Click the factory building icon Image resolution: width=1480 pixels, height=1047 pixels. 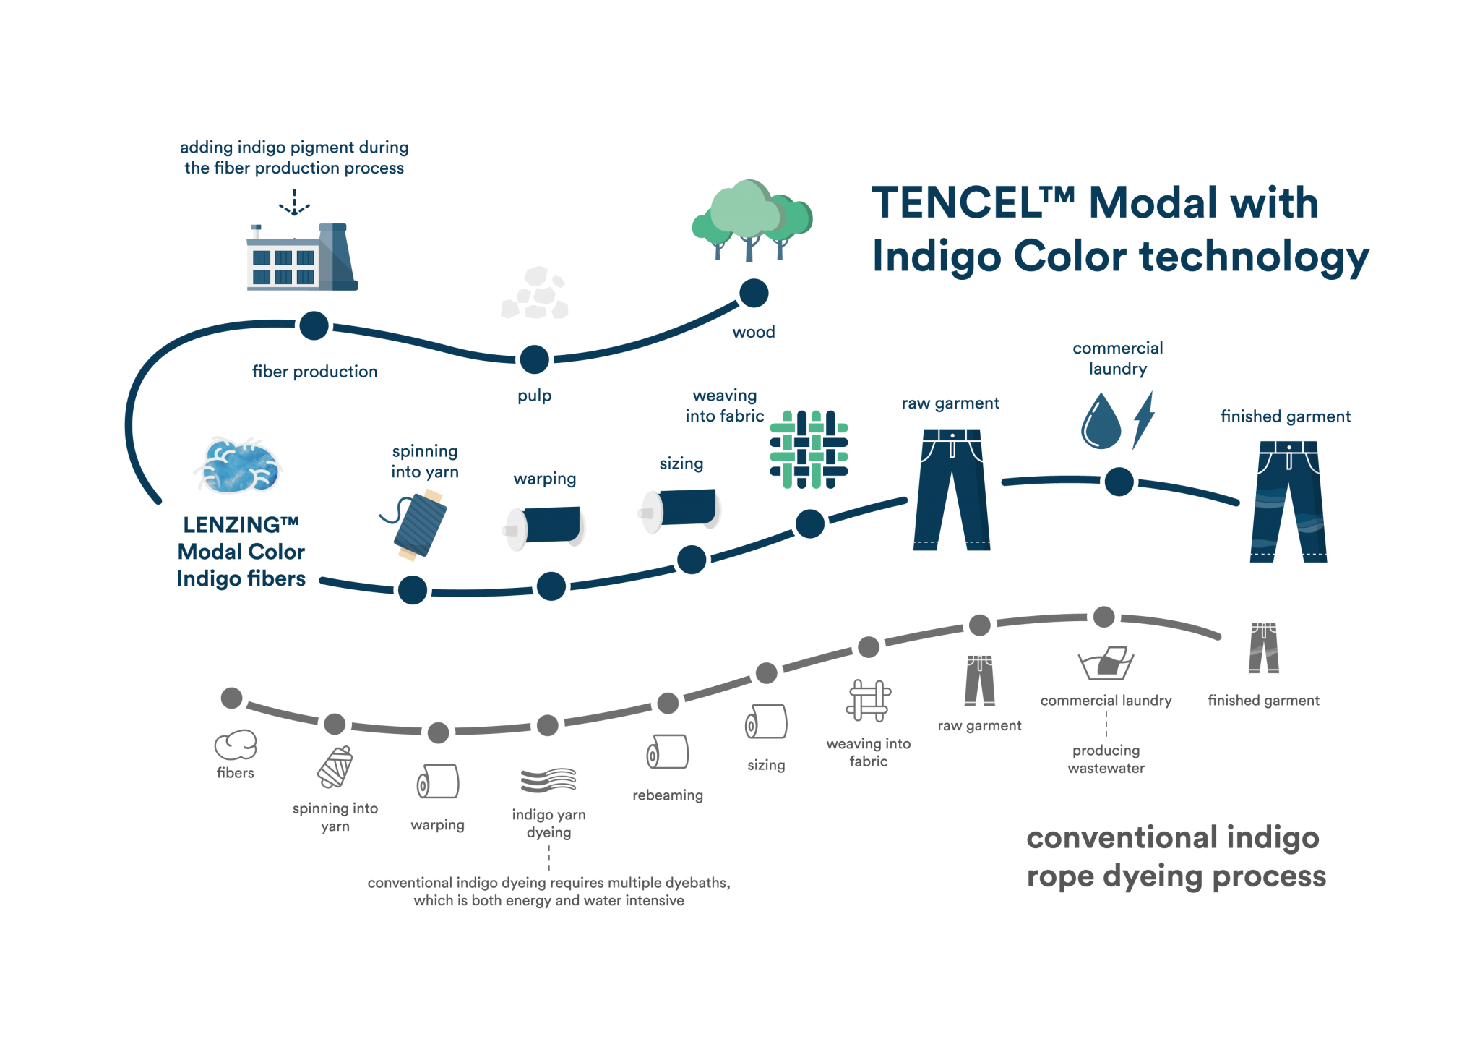300,257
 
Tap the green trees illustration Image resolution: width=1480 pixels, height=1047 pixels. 752,218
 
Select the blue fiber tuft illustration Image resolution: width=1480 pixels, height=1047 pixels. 238,466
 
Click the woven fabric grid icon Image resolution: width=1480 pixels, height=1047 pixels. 809,449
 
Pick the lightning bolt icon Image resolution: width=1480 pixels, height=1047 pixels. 1143,420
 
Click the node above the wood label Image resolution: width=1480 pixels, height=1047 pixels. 753,294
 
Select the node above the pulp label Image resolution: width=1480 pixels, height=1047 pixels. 535,359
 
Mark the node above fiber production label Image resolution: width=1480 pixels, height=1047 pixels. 314,325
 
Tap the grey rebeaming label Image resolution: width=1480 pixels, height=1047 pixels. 668,795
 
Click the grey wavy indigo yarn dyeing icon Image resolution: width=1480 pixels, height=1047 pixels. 549,780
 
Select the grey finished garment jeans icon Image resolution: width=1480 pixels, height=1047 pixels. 1264,648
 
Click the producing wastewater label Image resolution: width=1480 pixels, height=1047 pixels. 1106,759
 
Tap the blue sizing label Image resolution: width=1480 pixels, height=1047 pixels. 681,463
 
